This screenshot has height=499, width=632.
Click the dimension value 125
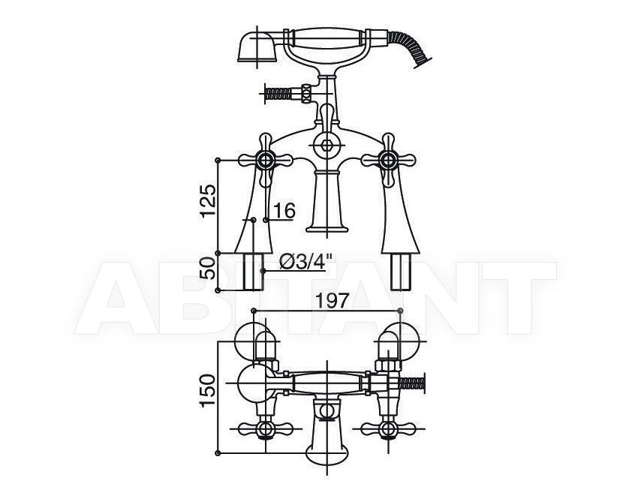click(x=208, y=201)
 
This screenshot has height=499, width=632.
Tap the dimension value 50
click(x=208, y=268)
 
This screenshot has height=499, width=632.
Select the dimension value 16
click(x=284, y=210)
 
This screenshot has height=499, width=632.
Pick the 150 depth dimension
click(x=208, y=391)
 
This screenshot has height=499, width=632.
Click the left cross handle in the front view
click(x=265, y=161)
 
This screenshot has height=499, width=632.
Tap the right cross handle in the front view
click(x=388, y=161)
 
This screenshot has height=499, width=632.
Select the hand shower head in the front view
click(x=257, y=47)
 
